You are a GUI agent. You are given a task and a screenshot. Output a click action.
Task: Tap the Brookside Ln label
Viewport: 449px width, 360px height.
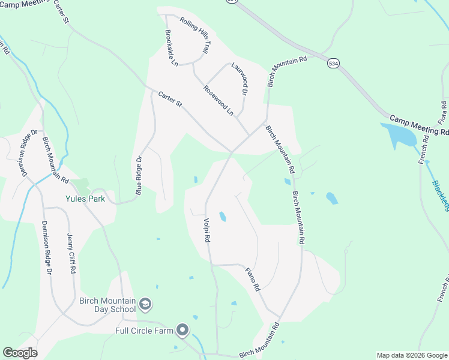pyautogui.click(x=172, y=48)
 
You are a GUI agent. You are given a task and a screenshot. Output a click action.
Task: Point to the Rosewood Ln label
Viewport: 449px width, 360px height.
pyautogui.click(x=218, y=99)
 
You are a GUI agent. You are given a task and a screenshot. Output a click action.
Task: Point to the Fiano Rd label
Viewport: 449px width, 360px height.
pyautogui.click(x=253, y=279)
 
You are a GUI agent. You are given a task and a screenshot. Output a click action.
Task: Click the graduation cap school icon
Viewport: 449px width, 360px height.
pyautogui.click(x=145, y=305)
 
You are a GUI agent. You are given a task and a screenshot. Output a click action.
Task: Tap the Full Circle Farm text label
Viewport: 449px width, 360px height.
pyautogui.click(x=145, y=330)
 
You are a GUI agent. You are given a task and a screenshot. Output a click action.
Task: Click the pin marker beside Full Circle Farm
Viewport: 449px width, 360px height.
pyautogui.click(x=182, y=330)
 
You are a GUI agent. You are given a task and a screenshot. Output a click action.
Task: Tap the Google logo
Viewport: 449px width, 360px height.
pyautogui.click(x=20, y=353)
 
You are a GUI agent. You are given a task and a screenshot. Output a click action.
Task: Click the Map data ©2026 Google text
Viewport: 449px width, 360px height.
pyautogui.click(x=412, y=355)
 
